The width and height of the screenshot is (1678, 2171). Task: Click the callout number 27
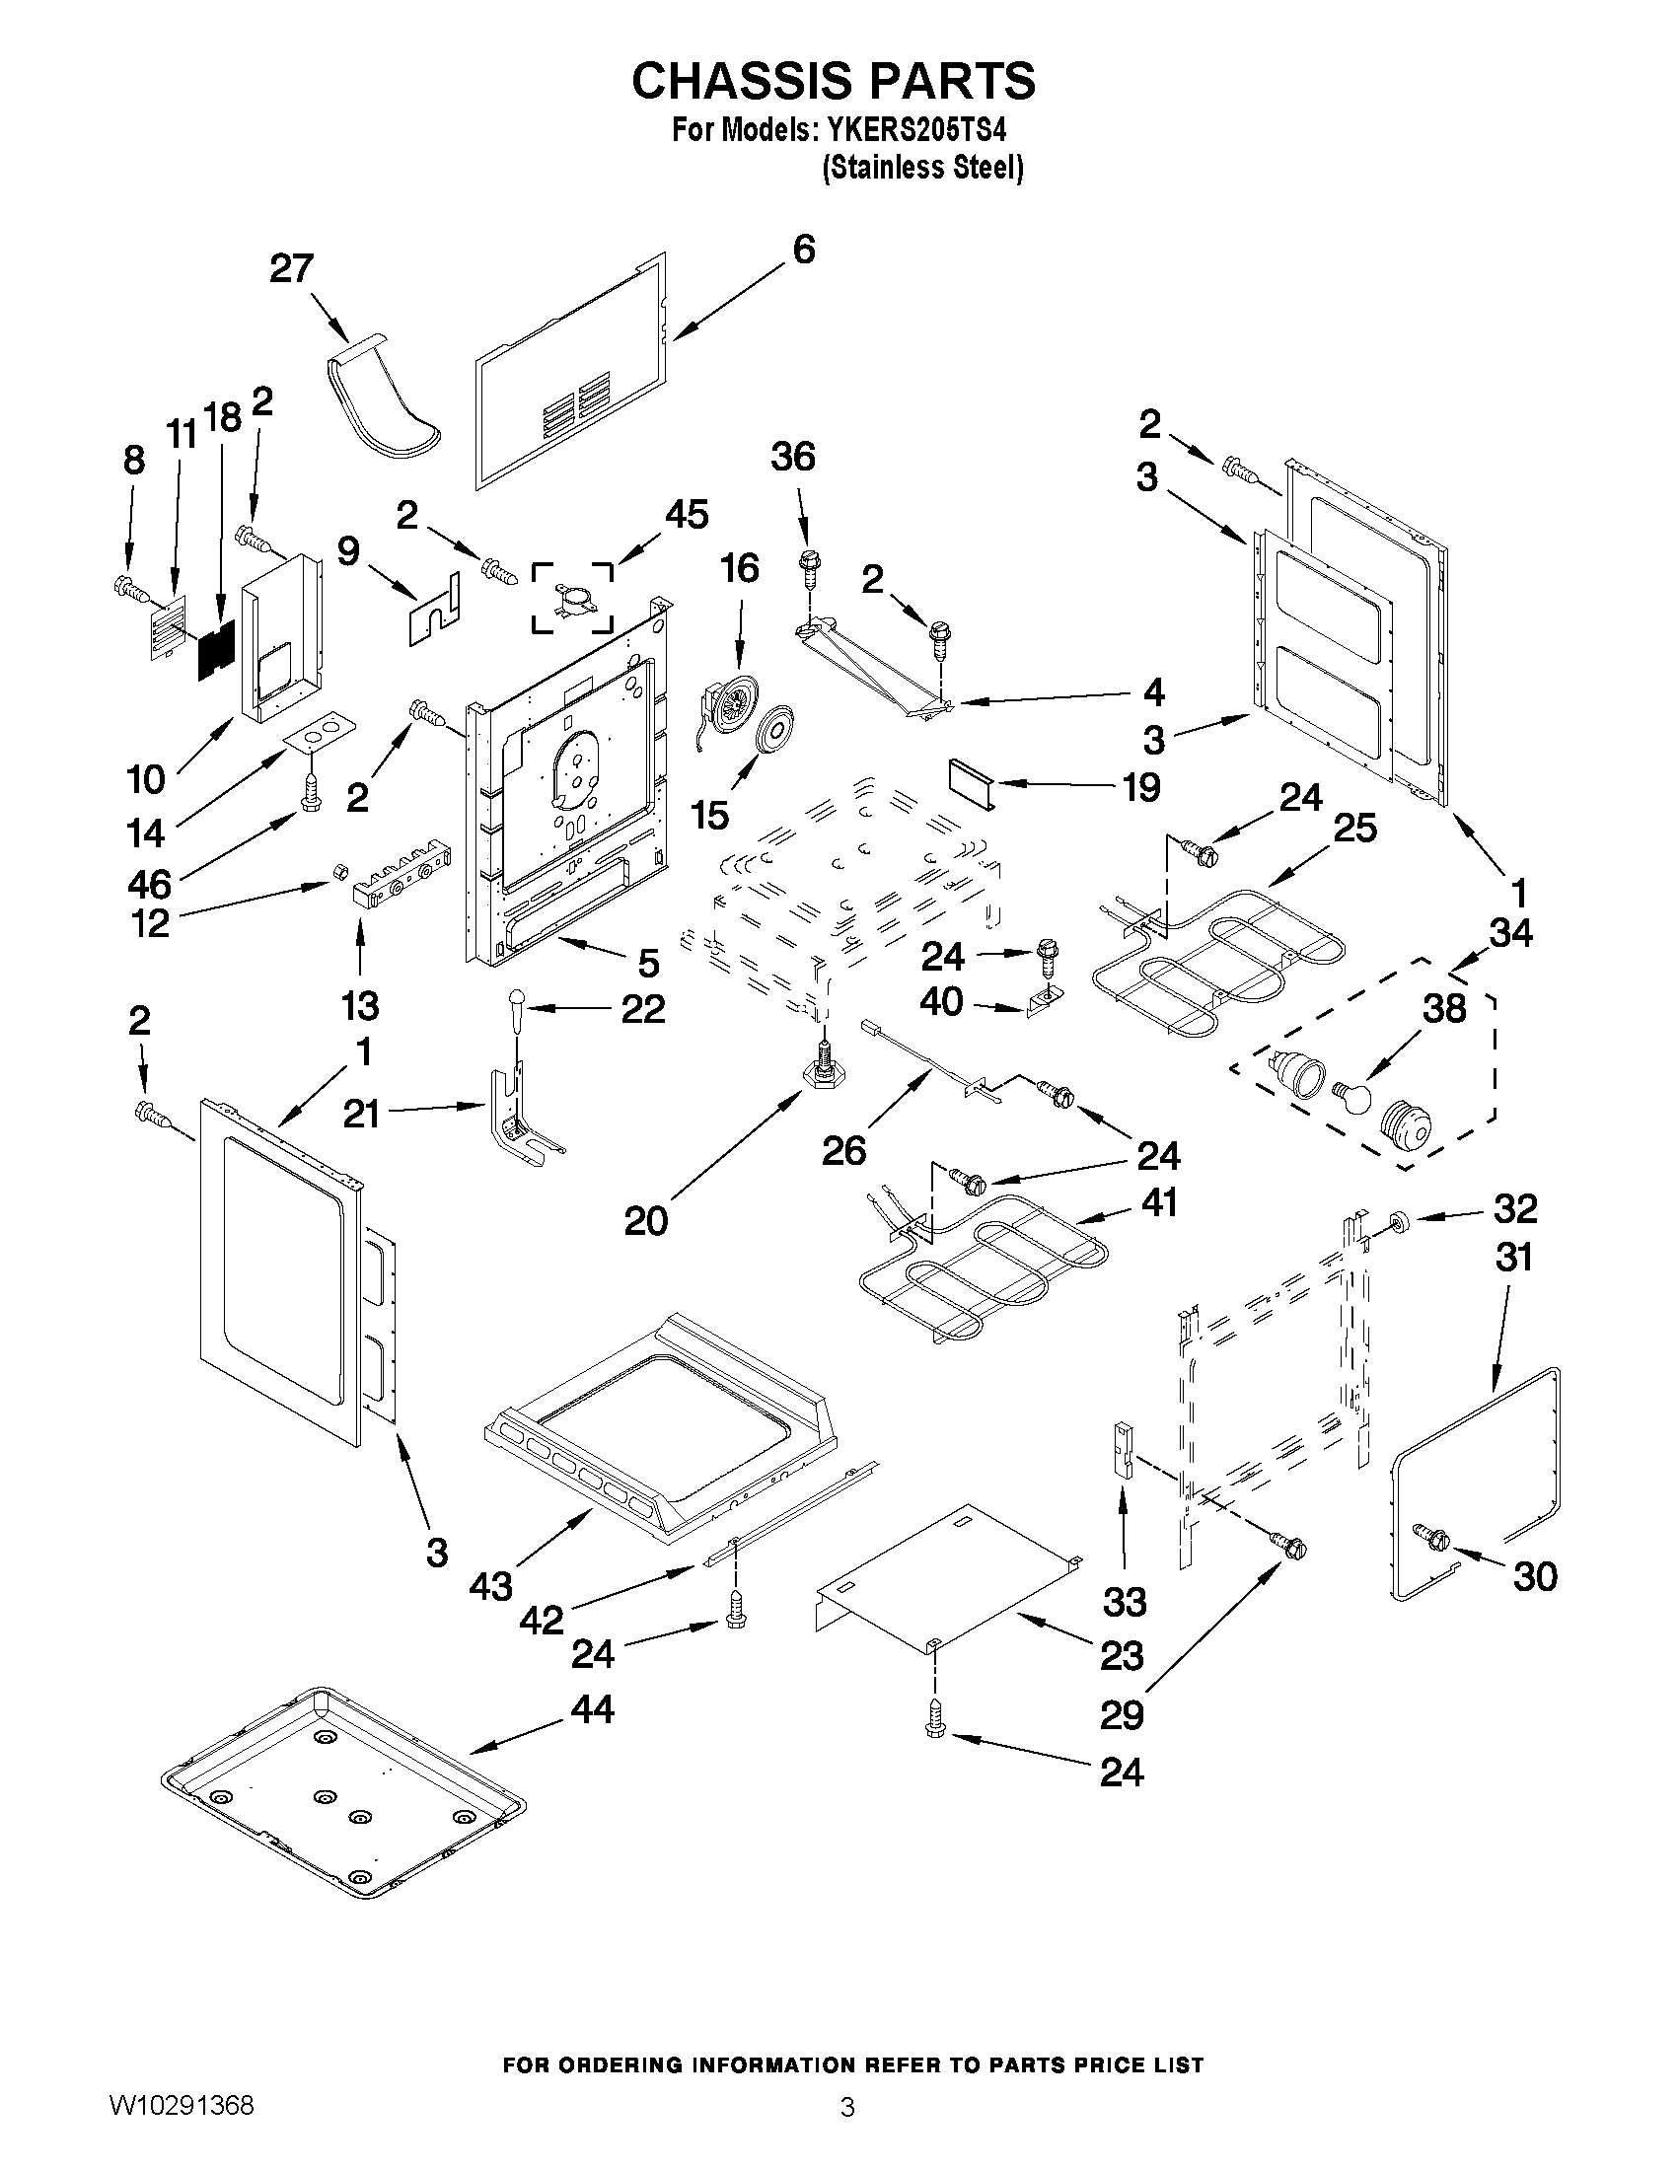pos(292,268)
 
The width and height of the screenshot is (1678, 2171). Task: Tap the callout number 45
pos(686,515)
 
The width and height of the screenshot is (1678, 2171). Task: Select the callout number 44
pos(593,1708)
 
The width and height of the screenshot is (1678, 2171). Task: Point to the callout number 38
pos(1444,1008)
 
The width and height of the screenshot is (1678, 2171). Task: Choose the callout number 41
pos(1159,1201)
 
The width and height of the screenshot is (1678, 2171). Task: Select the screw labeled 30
pos(1428,1537)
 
